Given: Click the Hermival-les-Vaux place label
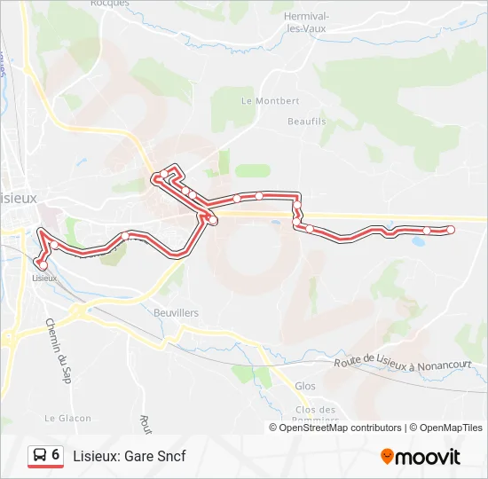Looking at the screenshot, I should coord(306,22).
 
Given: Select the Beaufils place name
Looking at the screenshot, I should coord(307,121).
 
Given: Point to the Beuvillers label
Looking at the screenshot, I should coord(176,313).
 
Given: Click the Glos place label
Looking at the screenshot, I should coord(304,387).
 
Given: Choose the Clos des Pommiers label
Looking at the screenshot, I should coord(315,414).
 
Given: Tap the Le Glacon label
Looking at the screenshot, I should coord(63,418).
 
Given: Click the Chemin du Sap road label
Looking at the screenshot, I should coord(58,350).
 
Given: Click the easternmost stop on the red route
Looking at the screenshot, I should coord(450,230).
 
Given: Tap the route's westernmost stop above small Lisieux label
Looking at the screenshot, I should coord(43,264).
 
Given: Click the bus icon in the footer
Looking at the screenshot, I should coord(39,456).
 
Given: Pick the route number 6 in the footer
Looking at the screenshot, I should coord(56,455).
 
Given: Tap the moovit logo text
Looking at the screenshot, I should coord(428,457).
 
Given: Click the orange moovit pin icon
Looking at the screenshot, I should coord(387,457).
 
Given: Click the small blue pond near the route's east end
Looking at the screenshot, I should coord(417,239).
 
